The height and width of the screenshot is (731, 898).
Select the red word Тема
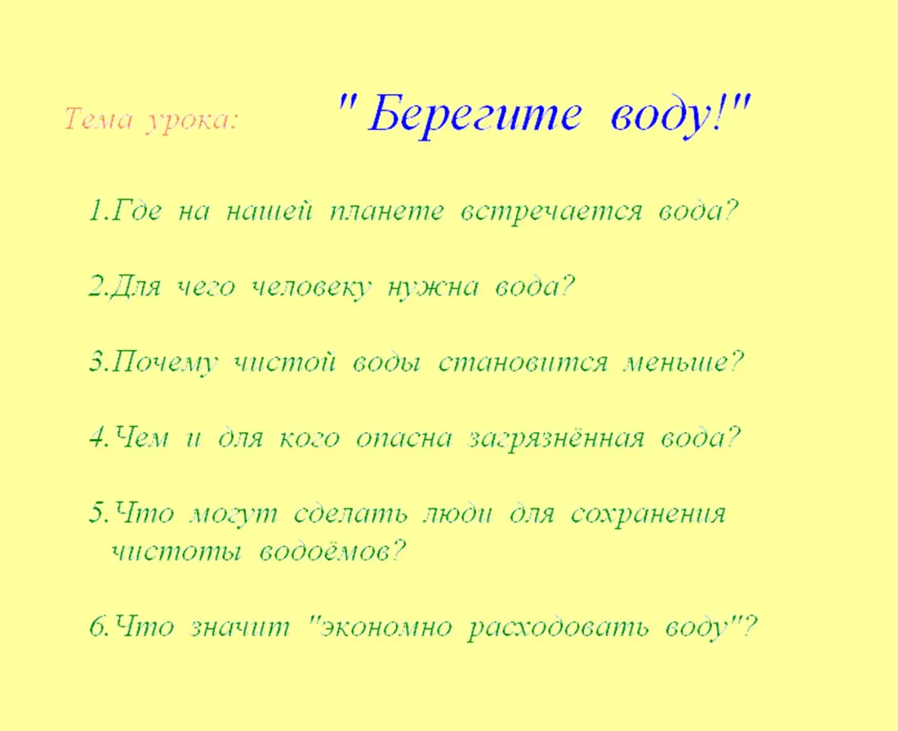tap(98, 119)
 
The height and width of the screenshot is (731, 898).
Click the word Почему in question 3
tap(166, 363)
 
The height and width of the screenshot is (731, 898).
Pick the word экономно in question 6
tap(386, 628)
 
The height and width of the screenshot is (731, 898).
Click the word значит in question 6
tap(240, 628)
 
